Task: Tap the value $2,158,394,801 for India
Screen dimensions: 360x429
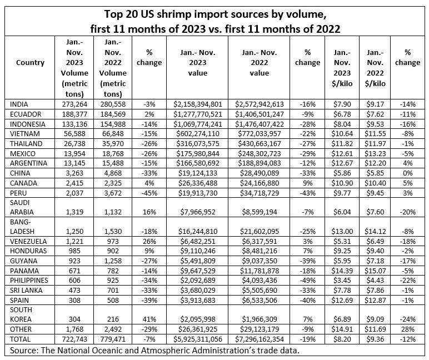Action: click(x=198, y=104)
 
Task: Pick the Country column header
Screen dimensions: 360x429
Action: click(x=31, y=63)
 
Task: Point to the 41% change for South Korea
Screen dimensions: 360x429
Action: click(x=149, y=319)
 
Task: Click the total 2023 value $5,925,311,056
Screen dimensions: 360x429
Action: click(x=198, y=338)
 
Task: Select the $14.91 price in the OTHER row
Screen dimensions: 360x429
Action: click(x=342, y=329)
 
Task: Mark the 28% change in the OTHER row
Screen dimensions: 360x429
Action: click(x=407, y=329)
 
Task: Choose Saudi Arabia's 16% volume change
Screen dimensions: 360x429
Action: click(x=149, y=212)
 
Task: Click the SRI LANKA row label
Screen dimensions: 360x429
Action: click(x=24, y=292)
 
